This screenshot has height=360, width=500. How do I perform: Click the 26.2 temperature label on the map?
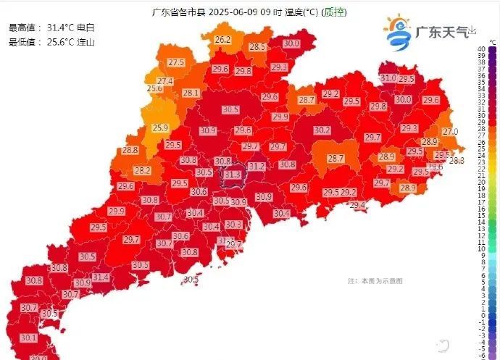222,39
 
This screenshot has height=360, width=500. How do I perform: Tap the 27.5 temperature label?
176,63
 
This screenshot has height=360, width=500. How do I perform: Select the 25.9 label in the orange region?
160,127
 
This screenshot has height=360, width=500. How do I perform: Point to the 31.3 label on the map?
232,175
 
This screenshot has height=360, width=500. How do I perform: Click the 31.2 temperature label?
257,167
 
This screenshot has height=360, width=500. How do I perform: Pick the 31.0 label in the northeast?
388,78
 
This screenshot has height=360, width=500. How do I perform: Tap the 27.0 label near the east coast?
450,132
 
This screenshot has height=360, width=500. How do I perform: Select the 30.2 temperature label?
322,130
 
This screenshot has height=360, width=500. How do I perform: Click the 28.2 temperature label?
142,170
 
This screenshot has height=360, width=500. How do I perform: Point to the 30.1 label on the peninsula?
28,338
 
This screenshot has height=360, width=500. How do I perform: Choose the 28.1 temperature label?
191,93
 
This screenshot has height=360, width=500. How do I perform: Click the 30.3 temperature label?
233,225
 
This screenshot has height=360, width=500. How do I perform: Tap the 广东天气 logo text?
440,32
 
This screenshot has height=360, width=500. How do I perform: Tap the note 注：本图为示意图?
375,280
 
